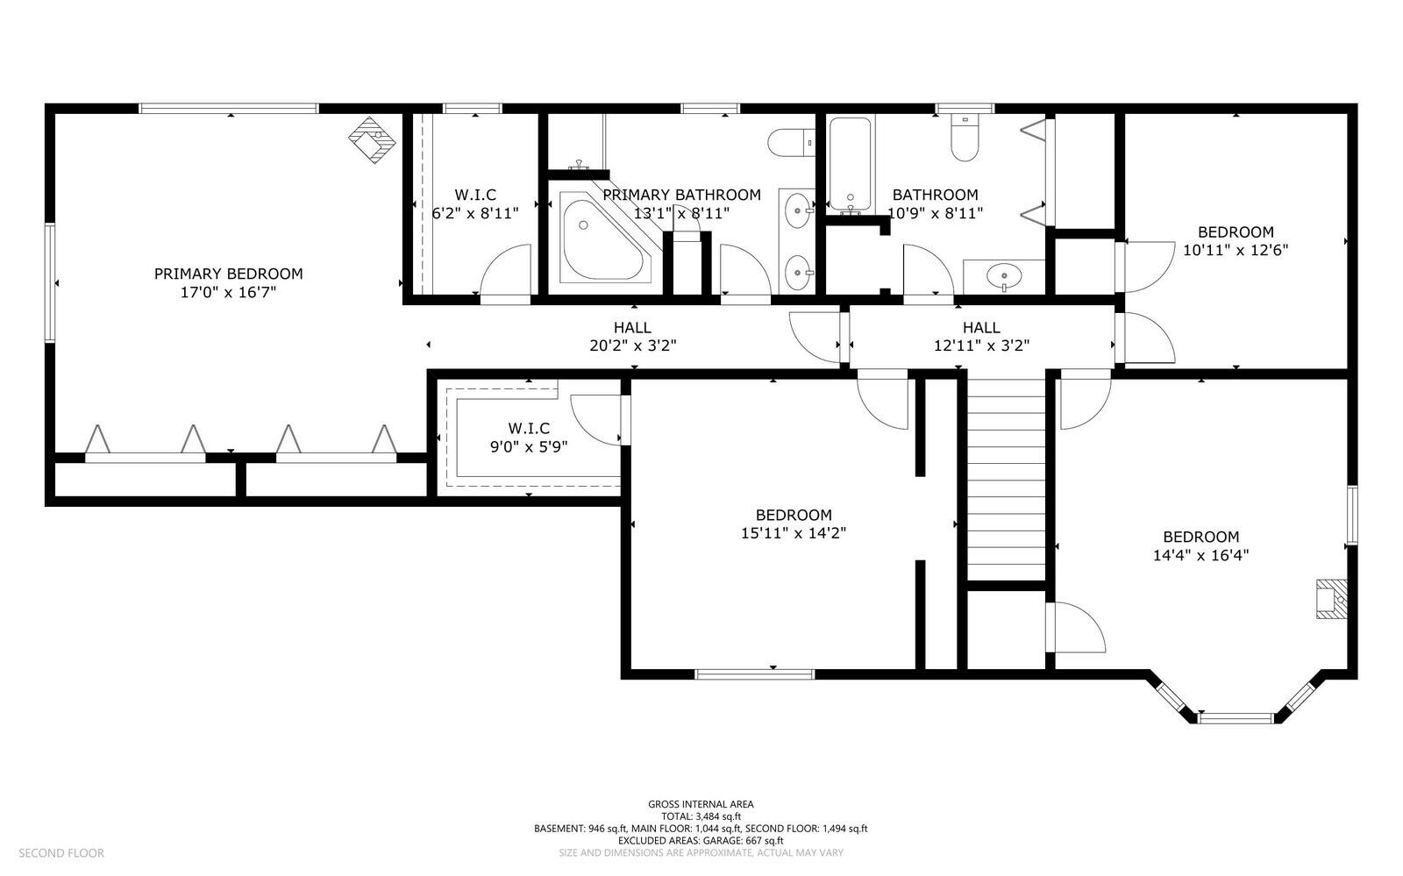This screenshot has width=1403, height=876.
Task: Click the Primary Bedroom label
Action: (x=228, y=274)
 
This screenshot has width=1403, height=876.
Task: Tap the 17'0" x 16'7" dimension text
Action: (x=228, y=293)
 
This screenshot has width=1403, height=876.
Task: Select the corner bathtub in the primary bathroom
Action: (x=602, y=240)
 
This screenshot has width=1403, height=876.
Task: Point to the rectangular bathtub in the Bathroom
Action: (x=850, y=165)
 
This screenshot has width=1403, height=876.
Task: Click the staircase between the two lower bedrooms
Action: (x=1006, y=478)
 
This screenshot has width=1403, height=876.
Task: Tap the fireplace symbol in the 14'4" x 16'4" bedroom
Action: (x=1329, y=599)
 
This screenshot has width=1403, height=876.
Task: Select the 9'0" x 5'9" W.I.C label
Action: (x=529, y=437)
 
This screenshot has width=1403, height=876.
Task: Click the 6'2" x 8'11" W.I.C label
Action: (x=475, y=203)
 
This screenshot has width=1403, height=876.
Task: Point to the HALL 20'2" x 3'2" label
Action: (x=632, y=336)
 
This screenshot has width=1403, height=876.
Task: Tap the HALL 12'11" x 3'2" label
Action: (x=981, y=336)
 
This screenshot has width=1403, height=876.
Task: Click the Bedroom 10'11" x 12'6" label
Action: (x=1235, y=240)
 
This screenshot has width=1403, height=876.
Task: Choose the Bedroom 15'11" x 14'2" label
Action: (x=793, y=523)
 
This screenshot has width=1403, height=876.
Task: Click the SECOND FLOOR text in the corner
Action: (x=61, y=852)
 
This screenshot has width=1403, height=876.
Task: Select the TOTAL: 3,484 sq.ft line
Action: (x=700, y=815)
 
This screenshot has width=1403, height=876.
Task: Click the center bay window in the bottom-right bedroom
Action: (x=1235, y=718)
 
